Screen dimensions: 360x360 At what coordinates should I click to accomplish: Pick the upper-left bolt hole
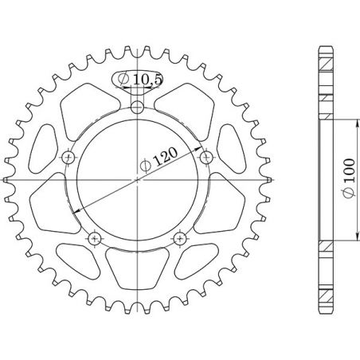point(68,155)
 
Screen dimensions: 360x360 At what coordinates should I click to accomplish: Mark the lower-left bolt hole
point(95,237)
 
